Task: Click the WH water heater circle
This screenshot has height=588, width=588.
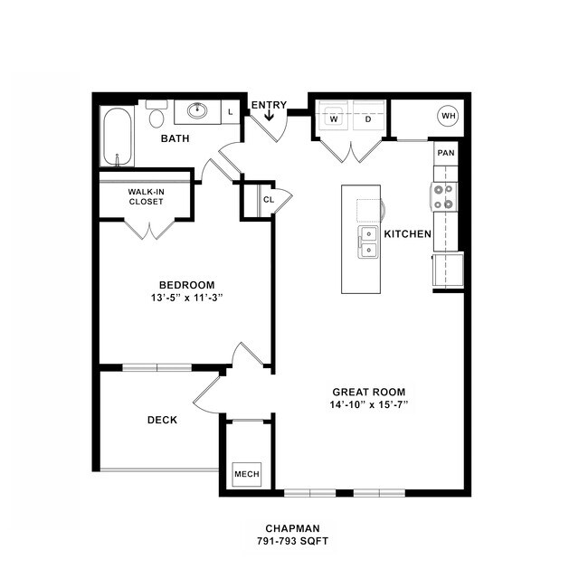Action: coord(448,116)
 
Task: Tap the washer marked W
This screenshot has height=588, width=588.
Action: coord(334,119)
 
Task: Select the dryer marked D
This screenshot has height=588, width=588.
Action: coord(368,119)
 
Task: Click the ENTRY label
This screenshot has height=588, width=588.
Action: coord(269,105)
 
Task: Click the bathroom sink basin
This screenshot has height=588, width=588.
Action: coord(197,111)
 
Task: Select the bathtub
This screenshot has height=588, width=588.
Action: coord(118,138)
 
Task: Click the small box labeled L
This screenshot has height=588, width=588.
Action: coord(231,111)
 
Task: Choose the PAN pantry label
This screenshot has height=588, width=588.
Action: coord(445,153)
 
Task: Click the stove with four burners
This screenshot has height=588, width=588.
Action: coord(445,197)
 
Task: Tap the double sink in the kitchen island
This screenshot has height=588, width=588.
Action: coord(368,242)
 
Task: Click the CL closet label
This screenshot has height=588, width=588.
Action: coord(269,200)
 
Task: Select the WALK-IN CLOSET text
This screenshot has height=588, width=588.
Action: coord(146,196)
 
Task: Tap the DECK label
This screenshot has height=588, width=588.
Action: coord(162,420)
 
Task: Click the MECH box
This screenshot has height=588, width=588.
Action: coord(246,474)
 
